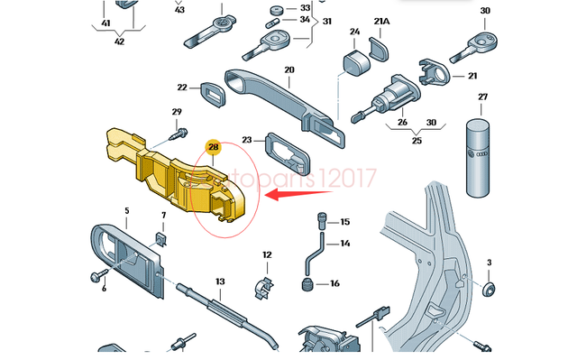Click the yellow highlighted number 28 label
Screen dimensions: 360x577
(x=214, y=146)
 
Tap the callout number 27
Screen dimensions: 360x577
(x=482, y=97)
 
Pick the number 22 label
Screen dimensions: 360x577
(x=182, y=88)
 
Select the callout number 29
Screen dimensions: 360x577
(x=177, y=113)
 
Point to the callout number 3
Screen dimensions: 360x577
(x=489, y=263)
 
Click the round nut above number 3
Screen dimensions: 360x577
(x=490, y=290)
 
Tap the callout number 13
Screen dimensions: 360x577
(x=219, y=282)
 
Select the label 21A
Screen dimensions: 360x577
(x=383, y=20)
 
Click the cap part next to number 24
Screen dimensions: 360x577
(x=353, y=64)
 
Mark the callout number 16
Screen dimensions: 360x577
(x=334, y=284)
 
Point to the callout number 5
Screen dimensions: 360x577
(x=127, y=211)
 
